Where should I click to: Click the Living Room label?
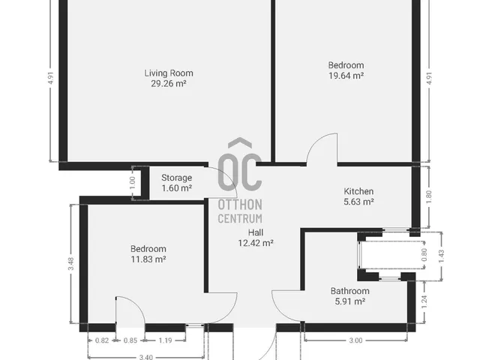pyautogui.click(x=169, y=73)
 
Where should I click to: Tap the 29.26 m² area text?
pyautogui.click(x=169, y=83)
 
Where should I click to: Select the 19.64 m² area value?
pyautogui.click(x=346, y=76)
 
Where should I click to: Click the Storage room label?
pyautogui.click(x=177, y=178)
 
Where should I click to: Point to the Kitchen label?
pyautogui.click(x=358, y=192)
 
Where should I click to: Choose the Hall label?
pyautogui.click(x=256, y=232)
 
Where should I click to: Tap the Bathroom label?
pyautogui.click(x=350, y=291)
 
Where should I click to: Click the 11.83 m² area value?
pyautogui.click(x=148, y=259)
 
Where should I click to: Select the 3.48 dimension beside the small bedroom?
pyautogui.click(x=70, y=263)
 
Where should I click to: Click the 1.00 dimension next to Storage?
pyautogui.click(x=132, y=183)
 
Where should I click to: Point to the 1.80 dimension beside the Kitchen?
pyautogui.click(x=428, y=196)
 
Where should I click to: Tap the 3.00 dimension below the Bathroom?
pyautogui.click(x=355, y=340)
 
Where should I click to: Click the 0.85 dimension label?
pyautogui.click(x=130, y=340)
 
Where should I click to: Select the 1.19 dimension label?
pyautogui.click(x=165, y=340)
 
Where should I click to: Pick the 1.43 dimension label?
pyautogui.click(x=441, y=256)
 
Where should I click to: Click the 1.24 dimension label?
pyautogui.click(x=424, y=301)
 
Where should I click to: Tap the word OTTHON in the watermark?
pyautogui.click(x=240, y=205)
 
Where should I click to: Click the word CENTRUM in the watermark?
pyautogui.click(x=240, y=218)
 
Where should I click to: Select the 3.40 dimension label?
pyautogui.click(x=146, y=357)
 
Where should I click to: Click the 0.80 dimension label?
pyautogui.click(x=424, y=255)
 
